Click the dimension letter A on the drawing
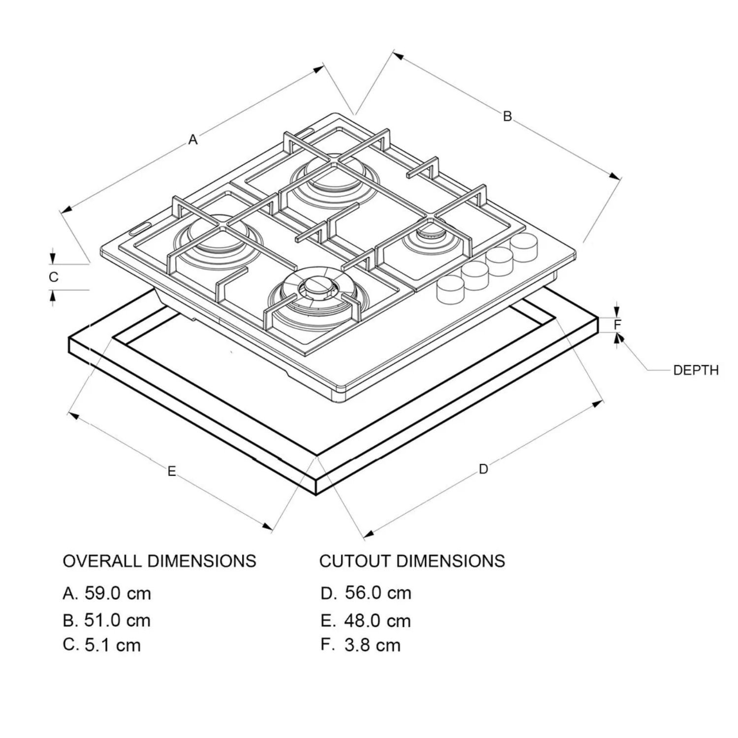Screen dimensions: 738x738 (x=193, y=140)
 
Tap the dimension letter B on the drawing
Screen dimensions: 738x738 (x=507, y=116)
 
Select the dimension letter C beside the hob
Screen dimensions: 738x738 (x=54, y=277)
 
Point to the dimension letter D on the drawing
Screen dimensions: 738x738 (x=484, y=469)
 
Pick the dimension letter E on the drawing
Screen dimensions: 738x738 (x=171, y=471)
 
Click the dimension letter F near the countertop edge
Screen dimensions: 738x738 (x=618, y=324)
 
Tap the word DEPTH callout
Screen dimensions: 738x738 (x=696, y=370)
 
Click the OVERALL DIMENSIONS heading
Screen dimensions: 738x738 (x=159, y=561)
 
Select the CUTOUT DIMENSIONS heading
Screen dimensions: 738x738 (x=412, y=561)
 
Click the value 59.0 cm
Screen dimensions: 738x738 (x=118, y=593)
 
